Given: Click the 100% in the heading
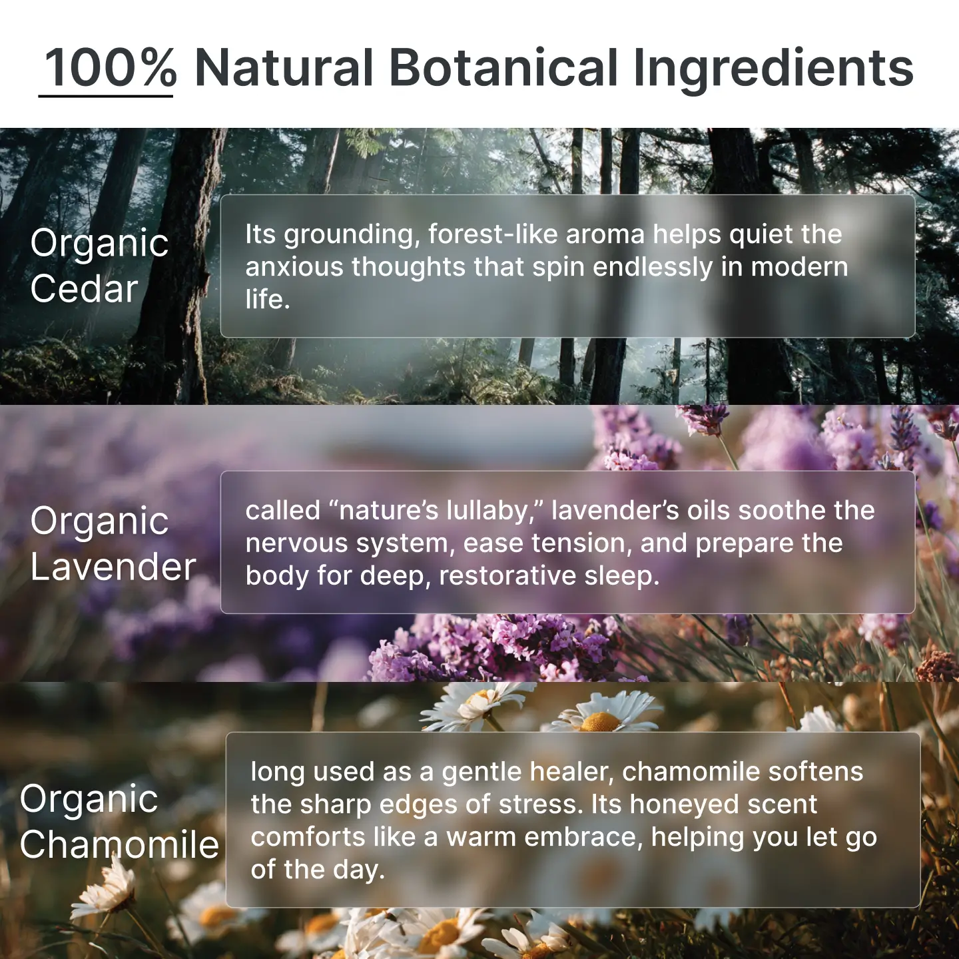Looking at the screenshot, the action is coord(110,68).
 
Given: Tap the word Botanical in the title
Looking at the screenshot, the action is coord(503,68).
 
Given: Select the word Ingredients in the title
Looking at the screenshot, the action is coord(774,69).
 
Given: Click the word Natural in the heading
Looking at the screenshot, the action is coord(284,68).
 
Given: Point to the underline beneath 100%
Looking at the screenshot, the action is coord(105,95).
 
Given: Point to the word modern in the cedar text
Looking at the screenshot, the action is coord(800,267).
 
